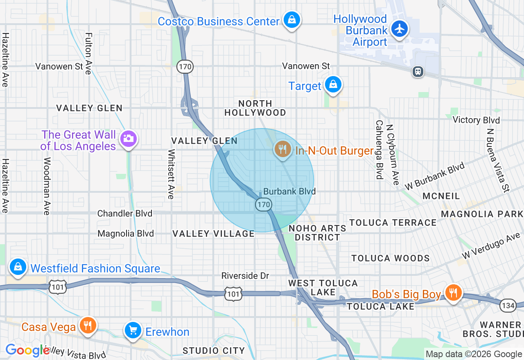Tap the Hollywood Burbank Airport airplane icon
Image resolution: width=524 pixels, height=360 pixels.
pyautogui.click(x=399, y=29)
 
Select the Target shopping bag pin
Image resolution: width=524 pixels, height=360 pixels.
pyautogui.click(x=333, y=85)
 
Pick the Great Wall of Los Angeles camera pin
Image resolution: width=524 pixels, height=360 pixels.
pyautogui.click(x=128, y=139)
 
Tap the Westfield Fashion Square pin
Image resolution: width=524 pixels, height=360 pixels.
pyautogui.click(x=18, y=267)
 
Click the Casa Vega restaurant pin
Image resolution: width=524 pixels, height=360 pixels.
pyautogui.click(x=87, y=325)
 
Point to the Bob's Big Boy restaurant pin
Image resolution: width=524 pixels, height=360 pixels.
pyautogui.click(x=453, y=292)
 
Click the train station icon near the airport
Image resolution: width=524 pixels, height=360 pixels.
pyautogui.click(x=418, y=72)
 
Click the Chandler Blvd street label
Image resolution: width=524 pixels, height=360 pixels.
pyautogui.click(x=124, y=214)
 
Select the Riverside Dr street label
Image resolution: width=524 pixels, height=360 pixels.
pyautogui.click(x=245, y=276)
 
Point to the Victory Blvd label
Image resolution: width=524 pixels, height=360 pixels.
pyautogui.click(x=476, y=120)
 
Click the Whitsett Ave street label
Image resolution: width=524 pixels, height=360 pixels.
pyautogui.click(x=171, y=174)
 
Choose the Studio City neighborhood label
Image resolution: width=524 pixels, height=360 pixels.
pyautogui.click(x=214, y=351)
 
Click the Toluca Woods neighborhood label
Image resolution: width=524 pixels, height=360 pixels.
pyautogui.click(x=391, y=258)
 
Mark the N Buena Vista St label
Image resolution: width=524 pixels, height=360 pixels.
pyautogui.click(x=497, y=160)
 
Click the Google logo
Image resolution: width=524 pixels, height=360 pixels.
pyautogui.click(x=28, y=350)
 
